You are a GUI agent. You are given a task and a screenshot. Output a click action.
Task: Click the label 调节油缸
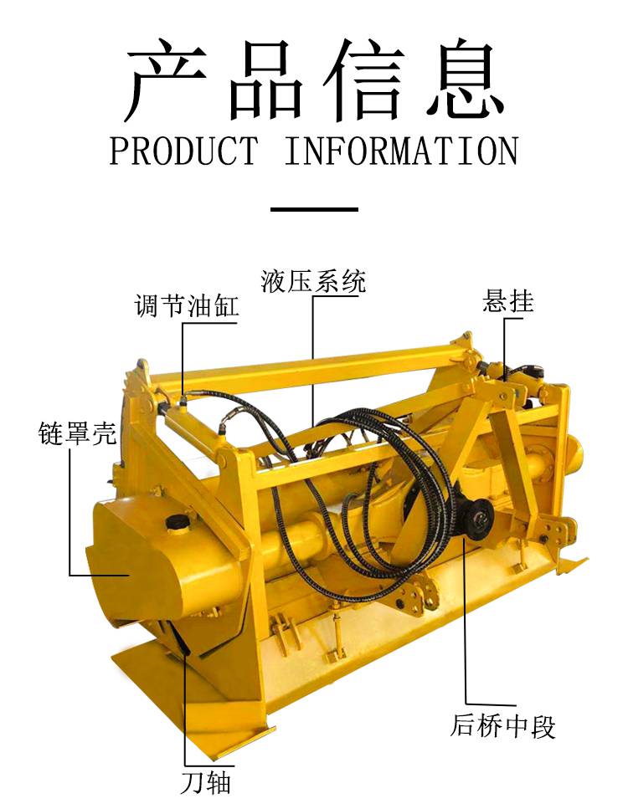(x=187, y=305)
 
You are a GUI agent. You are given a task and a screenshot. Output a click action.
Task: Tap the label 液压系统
(x=313, y=281)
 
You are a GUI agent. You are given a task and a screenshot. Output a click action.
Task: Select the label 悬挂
(x=507, y=301)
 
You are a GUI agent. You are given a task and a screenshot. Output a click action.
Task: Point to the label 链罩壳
(x=78, y=433)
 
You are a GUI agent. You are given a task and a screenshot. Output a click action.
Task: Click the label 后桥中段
(x=503, y=726)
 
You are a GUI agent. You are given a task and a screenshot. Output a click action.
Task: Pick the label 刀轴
(x=205, y=782)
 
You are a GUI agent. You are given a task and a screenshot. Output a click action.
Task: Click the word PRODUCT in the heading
(x=183, y=151)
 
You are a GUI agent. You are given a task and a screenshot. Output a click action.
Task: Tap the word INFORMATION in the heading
(x=401, y=151)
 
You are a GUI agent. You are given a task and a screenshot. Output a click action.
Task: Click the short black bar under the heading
(x=314, y=209)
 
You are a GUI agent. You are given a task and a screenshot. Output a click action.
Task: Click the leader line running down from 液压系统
(x=312, y=361)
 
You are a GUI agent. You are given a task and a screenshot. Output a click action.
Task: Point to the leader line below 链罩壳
(x=70, y=511)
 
